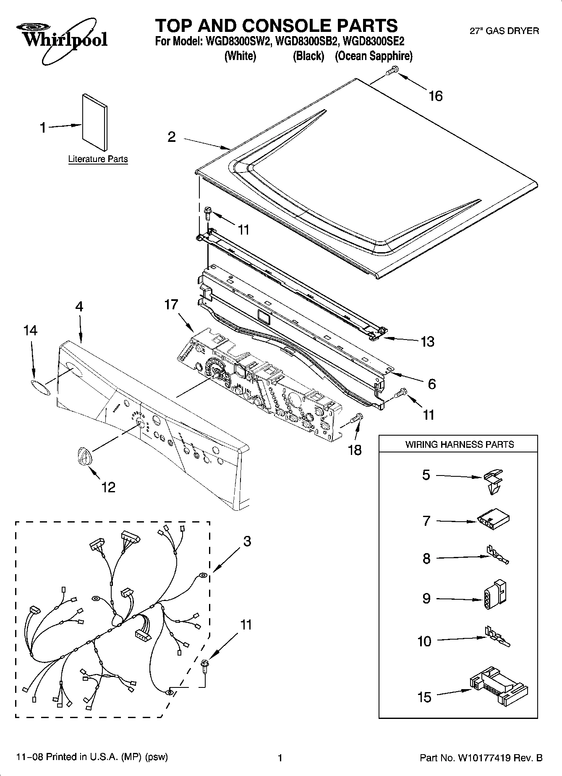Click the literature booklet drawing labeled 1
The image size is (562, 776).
coord(95,122)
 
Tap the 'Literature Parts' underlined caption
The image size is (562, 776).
coord(98,159)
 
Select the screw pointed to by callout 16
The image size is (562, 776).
coord(391,71)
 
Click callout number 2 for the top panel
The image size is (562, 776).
coord(172,137)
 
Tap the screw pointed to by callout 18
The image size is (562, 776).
coord(356,418)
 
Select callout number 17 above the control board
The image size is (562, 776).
coord(171,304)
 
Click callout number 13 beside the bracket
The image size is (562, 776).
coord(427,342)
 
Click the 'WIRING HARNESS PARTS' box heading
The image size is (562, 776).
coord(459,444)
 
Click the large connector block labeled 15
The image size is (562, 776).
coord(499,688)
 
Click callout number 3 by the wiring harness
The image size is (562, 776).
coord(247,541)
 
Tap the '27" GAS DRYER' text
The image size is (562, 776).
coord(504,31)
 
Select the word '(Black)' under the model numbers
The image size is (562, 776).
coord(308,56)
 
